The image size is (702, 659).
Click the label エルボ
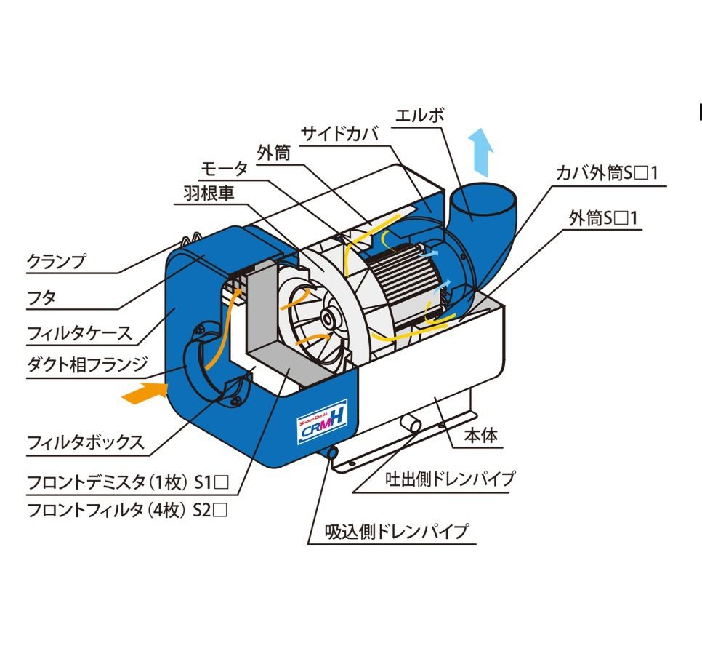pos(420,116)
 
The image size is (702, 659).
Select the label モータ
pos(224,169)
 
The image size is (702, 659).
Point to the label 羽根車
pos(209,193)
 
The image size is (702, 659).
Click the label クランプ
pos(57,260)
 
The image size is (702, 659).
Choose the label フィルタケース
pos(80,334)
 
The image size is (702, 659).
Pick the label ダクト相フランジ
pos(87,365)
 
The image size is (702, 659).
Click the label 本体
pos(481,435)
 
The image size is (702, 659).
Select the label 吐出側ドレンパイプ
pos(451,479)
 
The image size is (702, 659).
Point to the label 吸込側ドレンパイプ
pos(397,531)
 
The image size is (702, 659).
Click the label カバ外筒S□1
pos(607,172)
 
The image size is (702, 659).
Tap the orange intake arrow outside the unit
pos(145,393)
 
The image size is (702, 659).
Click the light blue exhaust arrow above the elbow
pos(482,152)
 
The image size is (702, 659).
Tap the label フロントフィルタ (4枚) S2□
pos(127,510)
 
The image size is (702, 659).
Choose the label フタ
pos(41,297)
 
